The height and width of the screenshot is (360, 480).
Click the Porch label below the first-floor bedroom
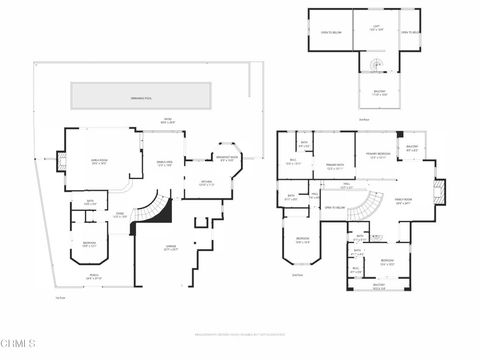coord(92,277)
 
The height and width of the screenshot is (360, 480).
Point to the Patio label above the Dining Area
coord(168,122)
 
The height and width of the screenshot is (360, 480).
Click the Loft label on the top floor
coord(376,30)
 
